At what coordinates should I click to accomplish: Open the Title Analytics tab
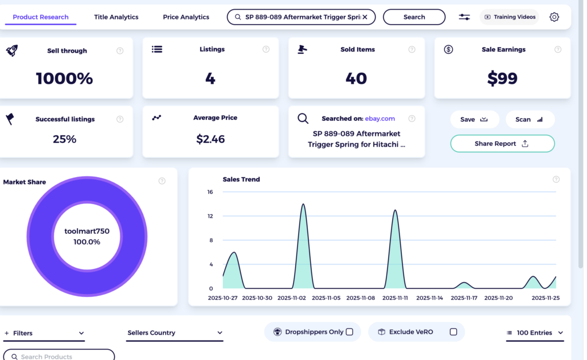pyautogui.click(x=116, y=17)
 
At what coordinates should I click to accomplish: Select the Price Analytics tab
pyautogui.click(x=186, y=17)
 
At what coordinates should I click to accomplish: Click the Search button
pyautogui.click(x=414, y=17)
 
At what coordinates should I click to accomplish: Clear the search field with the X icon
pyautogui.click(x=365, y=17)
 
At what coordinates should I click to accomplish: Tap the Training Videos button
pyautogui.click(x=510, y=17)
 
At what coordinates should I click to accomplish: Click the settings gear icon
pyautogui.click(x=554, y=17)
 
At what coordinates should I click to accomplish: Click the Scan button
pyautogui.click(x=530, y=119)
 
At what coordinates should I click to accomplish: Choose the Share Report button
pyautogui.click(x=502, y=143)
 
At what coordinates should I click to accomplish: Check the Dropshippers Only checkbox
pyautogui.click(x=350, y=332)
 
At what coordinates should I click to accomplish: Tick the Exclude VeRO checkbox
pyautogui.click(x=453, y=332)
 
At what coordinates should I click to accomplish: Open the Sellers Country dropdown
pyautogui.click(x=175, y=333)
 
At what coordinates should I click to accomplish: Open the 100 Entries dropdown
pyautogui.click(x=535, y=333)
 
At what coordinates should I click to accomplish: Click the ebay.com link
pyautogui.click(x=380, y=119)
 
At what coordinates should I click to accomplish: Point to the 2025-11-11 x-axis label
pyautogui.click(x=395, y=298)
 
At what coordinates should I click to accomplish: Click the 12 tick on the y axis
pyautogui.click(x=210, y=216)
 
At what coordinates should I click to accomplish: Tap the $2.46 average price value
pyautogui.click(x=210, y=139)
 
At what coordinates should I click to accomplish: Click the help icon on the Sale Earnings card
pyautogui.click(x=558, y=50)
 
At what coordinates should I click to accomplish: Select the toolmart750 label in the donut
pyautogui.click(x=87, y=232)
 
